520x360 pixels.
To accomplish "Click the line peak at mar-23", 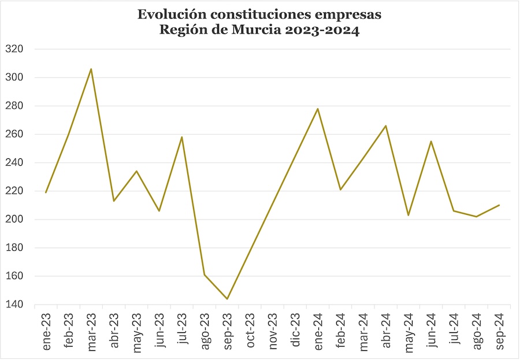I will pyautogui.click(x=91, y=69).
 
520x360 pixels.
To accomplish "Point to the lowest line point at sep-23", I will pyautogui.click(x=227, y=299).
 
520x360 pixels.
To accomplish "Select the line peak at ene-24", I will pyautogui.click(x=318, y=109).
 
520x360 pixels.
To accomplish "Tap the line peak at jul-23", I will pyautogui.click(x=182, y=137).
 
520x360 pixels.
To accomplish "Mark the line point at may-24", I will pyautogui.click(x=408, y=215).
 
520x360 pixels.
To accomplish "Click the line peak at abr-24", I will pyautogui.click(x=386, y=125).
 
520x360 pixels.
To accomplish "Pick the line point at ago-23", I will pyautogui.click(x=205, y=274).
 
